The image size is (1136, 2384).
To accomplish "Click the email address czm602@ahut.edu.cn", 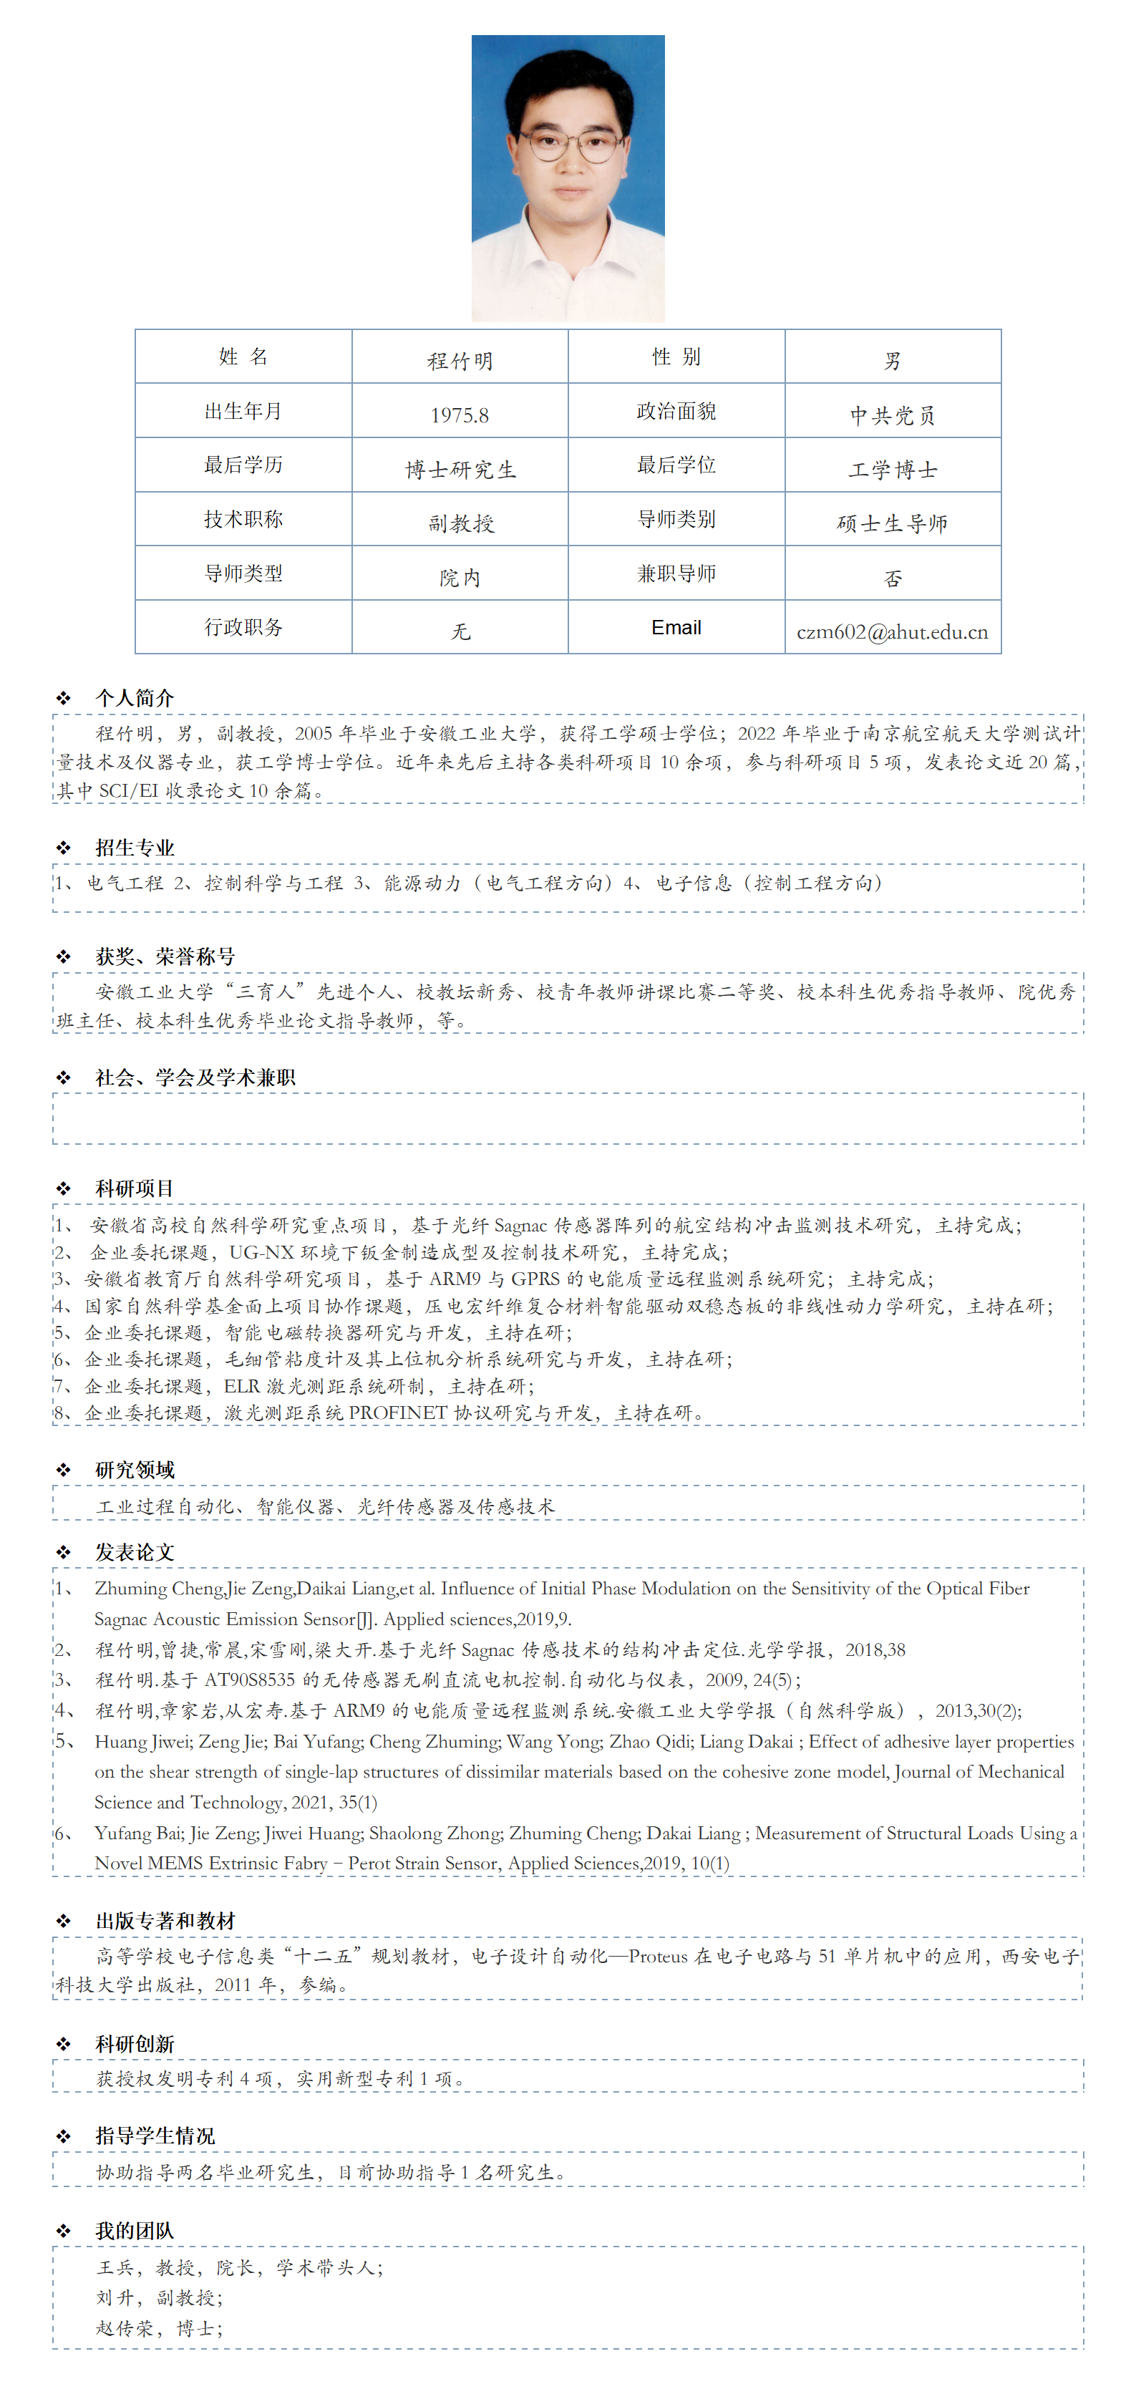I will (x=892, y=632).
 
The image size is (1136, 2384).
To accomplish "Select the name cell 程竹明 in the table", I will (x=460, y=361).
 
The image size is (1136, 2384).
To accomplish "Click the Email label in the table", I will (x=676, y=627).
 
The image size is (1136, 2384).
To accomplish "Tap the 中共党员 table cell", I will (x=892, y=415).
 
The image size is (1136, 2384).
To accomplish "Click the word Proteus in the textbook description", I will (x=658, y=1955).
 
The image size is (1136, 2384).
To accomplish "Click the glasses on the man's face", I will (x=568, y=145).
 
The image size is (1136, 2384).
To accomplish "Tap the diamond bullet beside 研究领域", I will (x=63, y=1470).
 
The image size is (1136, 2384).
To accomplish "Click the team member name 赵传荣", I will (x=125, y=2327).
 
